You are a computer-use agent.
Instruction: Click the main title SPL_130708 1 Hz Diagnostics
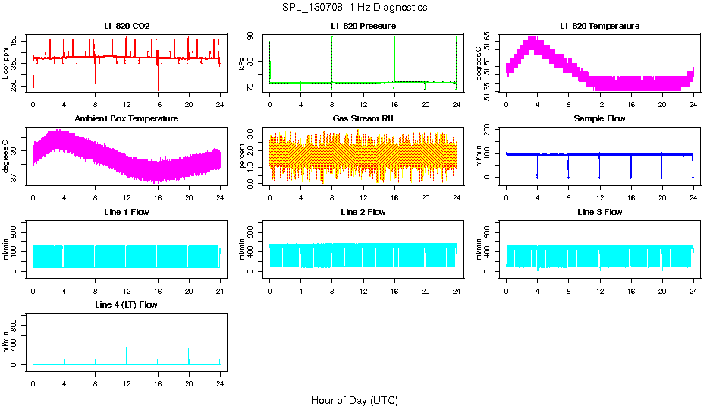(x=354, y=8)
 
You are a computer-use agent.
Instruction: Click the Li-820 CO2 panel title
(x=127, y=26)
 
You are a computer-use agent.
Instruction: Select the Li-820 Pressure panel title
(x=363, y=26)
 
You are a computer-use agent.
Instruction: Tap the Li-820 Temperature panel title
(x=599, y=26)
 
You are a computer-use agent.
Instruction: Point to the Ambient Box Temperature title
(x=127, y=119)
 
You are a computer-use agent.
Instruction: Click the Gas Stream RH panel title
(x=363, y=119)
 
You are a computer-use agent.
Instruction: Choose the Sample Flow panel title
(x=599, y=119)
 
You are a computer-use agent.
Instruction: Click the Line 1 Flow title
(x=127, y=212)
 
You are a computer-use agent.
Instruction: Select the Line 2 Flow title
(x=363, y=212)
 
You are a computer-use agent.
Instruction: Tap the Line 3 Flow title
(x=599, y=212)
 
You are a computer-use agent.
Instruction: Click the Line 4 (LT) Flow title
(x=127, y=304)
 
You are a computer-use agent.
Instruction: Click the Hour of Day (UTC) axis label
(x=354, y=400)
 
